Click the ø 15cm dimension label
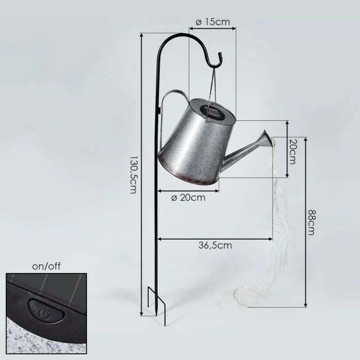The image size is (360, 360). (x=212, y=22)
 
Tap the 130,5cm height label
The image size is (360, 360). (x=134, y=175)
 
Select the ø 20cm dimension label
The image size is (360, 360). (x=188, y=197)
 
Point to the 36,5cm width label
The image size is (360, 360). (x=215, y=245)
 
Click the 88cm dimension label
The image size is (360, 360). (x=311, y=222)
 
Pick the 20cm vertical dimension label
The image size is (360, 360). (x=292, y=152)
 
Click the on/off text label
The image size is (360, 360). (x=46, y=266)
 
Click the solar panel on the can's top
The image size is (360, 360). (x=212, y=112)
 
